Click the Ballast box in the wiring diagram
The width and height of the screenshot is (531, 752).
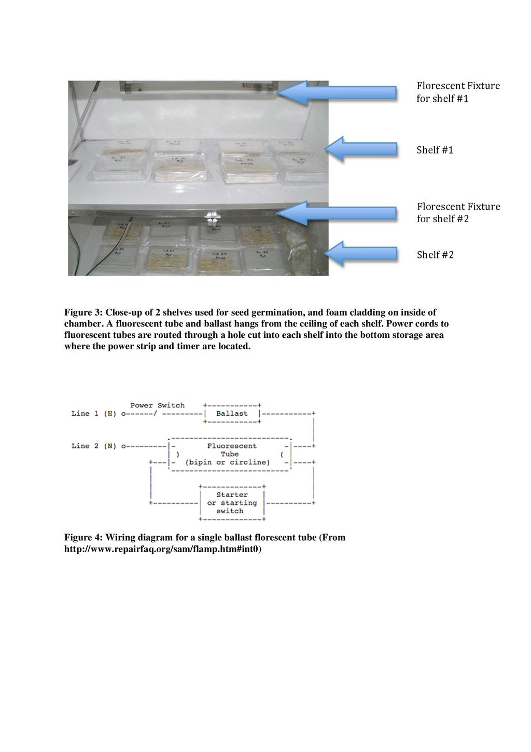pos(232,414)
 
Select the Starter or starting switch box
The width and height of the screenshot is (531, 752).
pos(232,503)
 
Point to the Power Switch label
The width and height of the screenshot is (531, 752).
pos(157,405)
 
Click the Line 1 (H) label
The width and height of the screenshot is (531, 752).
pos(93,414)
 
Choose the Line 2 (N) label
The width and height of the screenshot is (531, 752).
pos(93,446)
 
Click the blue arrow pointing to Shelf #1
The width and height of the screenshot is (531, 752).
pos(361,149)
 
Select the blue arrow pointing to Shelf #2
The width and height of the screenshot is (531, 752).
pos(361,254)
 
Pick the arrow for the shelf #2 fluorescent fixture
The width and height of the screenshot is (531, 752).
pos(337,213)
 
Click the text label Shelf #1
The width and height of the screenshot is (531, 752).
pos(435,150)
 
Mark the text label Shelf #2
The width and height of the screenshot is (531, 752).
pos(435,255)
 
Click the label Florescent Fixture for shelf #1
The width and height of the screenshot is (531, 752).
pos(458,92)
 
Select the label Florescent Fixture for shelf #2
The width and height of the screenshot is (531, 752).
pos(458,212)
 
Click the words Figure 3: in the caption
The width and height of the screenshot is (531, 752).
pos(82,312)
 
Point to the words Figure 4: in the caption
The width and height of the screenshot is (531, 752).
pos(82,537)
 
